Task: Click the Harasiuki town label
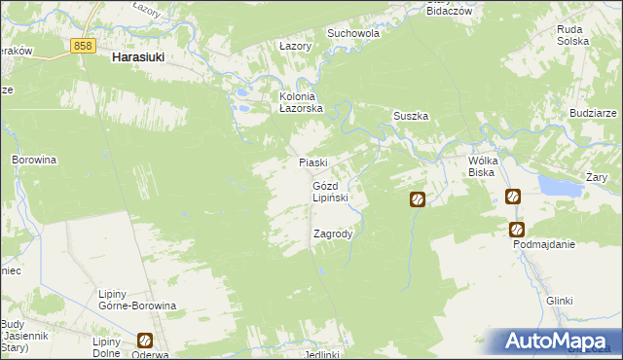[x=137, y=58]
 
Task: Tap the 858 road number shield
[x=83, y=45]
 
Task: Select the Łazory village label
[x=295, y=46]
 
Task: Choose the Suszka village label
[x=411, y=116]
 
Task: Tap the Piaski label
[x=312, y=162]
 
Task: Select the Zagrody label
[x=333, y=234]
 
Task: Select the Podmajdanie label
[x=544, y=244]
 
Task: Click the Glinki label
[x=559, y=301]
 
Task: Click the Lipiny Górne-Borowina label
[x=137, y=300]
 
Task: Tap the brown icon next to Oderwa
[x=145, y=341]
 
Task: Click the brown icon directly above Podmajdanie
[x=517, y=230]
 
